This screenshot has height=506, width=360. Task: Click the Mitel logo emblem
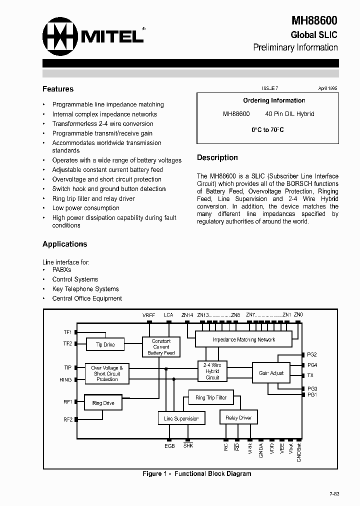point(59,35)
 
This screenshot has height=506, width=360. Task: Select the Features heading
point(58,89)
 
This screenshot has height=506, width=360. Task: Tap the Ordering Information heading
point(274,100)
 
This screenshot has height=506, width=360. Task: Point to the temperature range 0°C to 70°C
point(267,129)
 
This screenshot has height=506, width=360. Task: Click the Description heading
point(217,157)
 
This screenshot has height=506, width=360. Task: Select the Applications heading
point(65,244)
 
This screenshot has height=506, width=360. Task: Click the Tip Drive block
point(105,344)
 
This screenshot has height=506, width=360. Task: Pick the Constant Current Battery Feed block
point(161,347)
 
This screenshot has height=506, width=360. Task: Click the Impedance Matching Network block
point(243,339)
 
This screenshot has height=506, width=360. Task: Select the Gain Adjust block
point(271,373)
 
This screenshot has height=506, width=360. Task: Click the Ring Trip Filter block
point(210,398)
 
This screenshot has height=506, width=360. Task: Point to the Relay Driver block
point(238,417)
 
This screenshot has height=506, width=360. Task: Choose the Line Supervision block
point(181,418)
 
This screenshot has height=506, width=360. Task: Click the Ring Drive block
point(103,403)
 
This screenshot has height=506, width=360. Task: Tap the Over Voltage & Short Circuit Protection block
point(107,373)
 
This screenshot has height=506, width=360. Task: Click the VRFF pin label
point(148,315)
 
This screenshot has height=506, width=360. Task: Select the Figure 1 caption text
point(197,473)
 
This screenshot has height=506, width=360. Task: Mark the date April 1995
point(328,87)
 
